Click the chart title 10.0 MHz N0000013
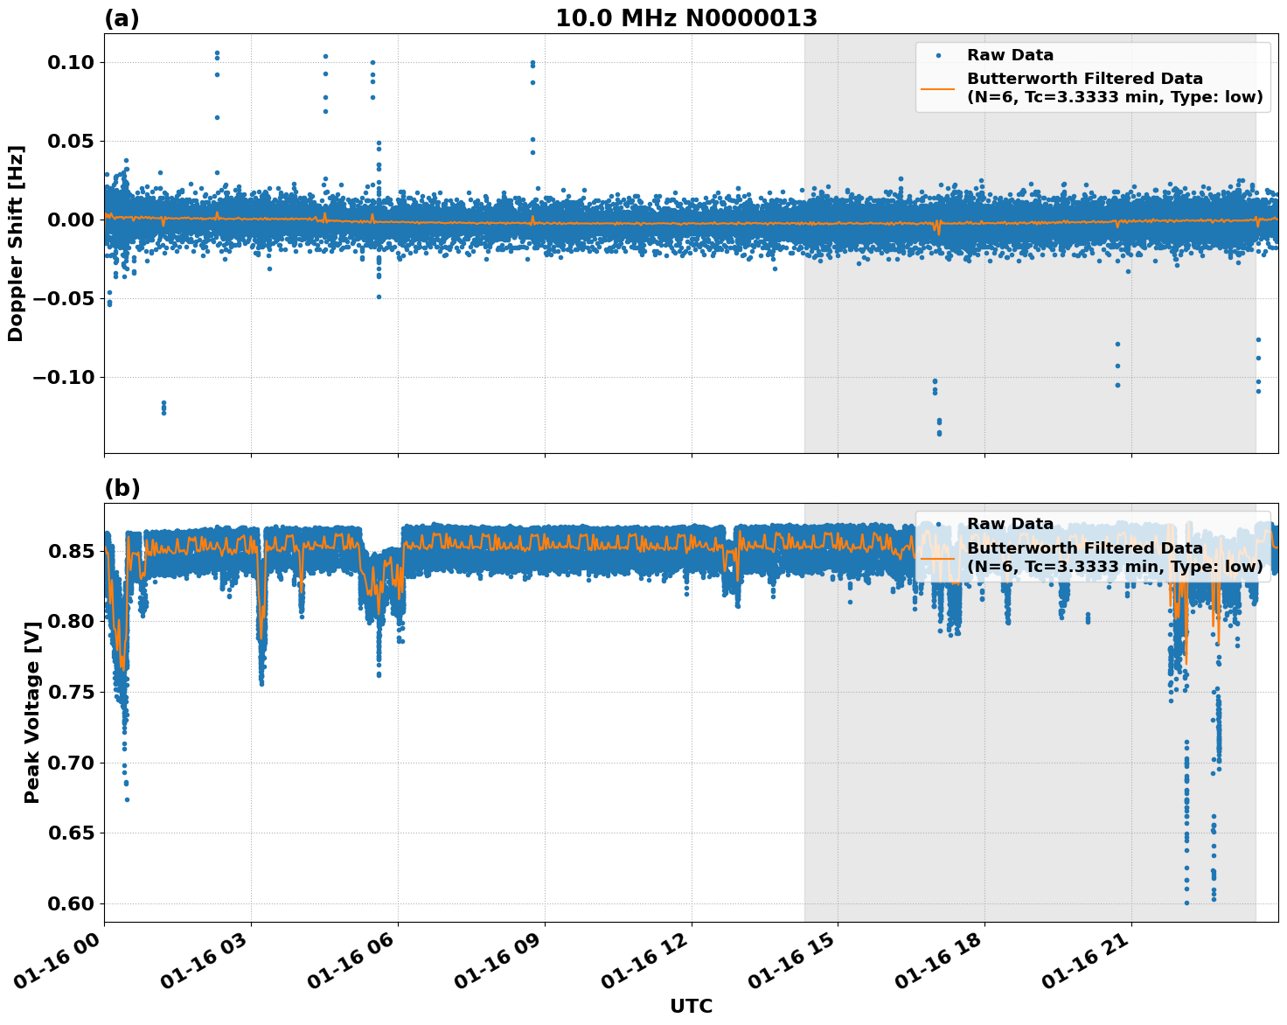pos(686,18)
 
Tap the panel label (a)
pos(122,18)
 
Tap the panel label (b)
pos(122,488)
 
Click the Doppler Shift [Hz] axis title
pos(17,243)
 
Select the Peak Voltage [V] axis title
pos(32,712)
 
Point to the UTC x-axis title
pos(691,1006)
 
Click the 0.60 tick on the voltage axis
pos(74,903)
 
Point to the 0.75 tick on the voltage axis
pos(74,692)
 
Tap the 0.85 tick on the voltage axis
pos(74,551)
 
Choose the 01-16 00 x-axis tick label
pos(66,964)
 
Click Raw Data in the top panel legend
pos(1010,55)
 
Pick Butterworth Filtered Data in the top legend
pos(1084,79)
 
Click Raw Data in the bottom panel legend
pos(1010,524)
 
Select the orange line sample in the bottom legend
pos(937,557)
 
